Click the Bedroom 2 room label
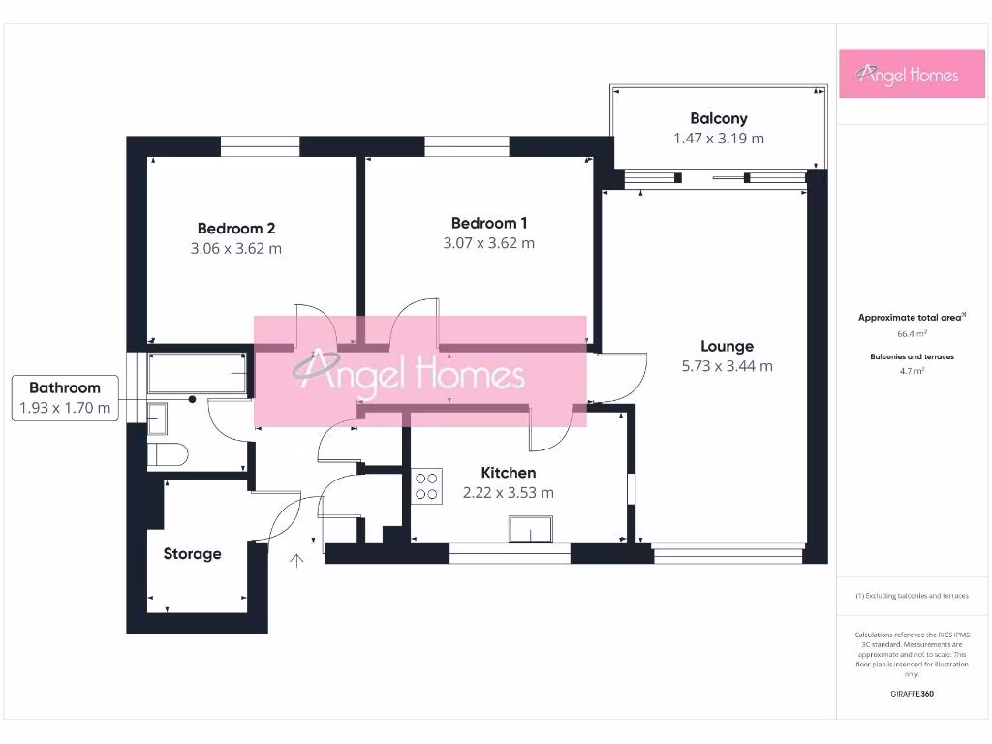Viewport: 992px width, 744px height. coord(236,229)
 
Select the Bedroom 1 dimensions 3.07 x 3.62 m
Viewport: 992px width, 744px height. coord(488,243)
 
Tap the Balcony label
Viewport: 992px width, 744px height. coord(718,118)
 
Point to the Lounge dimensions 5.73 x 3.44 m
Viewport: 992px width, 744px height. coord(727,366)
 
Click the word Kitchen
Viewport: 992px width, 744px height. coord(509,473)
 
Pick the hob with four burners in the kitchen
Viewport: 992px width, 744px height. coord(427,484)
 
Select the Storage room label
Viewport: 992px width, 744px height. coord(192,554)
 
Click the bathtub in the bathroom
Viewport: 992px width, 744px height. coord(198,373)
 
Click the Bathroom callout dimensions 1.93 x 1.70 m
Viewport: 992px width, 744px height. coord(65,408)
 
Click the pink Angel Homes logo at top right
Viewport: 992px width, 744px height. coord(907,75)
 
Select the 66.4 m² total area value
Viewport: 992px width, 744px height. coord(912,333)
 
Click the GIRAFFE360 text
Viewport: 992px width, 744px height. coord(912,694)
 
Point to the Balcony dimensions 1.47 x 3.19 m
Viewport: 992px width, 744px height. coord(718,139)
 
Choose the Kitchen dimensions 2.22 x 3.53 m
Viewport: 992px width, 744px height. coord(509,492)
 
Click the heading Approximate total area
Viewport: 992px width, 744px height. coord(911,318)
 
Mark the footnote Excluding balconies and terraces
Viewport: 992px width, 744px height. coord(912,596)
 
